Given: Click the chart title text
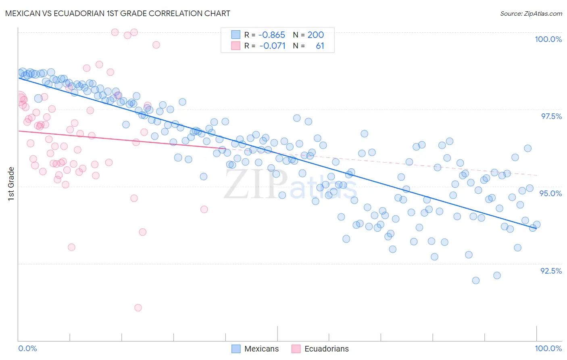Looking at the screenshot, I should [x=118, y=13].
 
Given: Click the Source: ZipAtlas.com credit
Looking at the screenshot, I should [x=531, y=13].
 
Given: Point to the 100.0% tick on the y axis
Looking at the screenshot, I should [x=548, y=39].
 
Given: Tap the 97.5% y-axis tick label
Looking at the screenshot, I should [x=551, y=116].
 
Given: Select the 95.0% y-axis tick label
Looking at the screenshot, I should [x=550, y=193].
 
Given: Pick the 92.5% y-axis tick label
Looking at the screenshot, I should [x=551, y=271].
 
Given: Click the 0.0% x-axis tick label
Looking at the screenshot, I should [x=27, y=348].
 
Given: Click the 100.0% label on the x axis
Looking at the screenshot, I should [x=548, y=348].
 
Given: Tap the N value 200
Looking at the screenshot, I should [x=315, y=35].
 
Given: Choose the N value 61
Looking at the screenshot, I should [x=320, y=46].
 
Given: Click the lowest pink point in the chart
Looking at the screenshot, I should [x=138, y=308].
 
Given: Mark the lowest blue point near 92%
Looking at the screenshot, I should [x=476, y=280].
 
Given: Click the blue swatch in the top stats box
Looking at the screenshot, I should [x=236, y=35].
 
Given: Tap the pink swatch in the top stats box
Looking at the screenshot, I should [x=236, y=46].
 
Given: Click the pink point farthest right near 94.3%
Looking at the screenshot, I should [x=204, y=209].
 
